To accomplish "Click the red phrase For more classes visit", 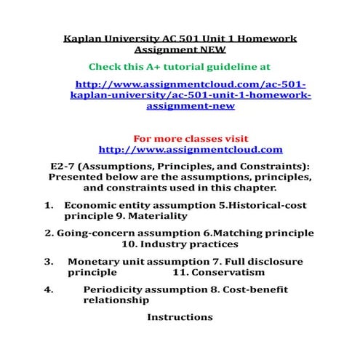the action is pyautogui.click(x=191, y=138).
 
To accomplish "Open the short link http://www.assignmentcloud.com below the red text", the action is pyautogui.click(x=190, y=150).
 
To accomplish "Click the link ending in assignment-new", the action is pyautogui.click(x=191, y=105).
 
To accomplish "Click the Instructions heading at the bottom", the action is pyautogui.click(x=180, y=317).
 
